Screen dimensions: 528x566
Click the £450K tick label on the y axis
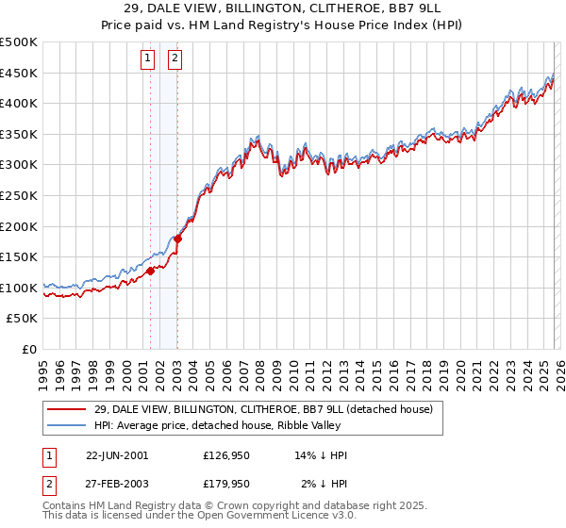pos(19,73)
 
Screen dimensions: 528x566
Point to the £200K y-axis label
pos(19,226)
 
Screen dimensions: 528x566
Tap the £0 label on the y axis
pos(30,349)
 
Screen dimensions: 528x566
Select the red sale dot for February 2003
pos(178,239)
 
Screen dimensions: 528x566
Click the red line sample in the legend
pos(67,409)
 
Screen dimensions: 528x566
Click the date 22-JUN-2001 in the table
pos(116,455)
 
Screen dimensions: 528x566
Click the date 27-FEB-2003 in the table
pos(116,484)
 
